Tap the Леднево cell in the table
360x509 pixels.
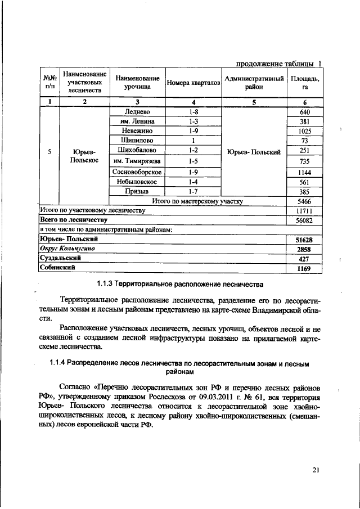[137, 112]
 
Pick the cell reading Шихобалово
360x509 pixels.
[137, 150]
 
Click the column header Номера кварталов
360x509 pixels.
[193, 83]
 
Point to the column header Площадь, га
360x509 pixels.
[305, 83]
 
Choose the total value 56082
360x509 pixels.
[305, 220]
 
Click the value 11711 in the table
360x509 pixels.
[305, 210]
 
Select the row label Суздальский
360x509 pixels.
[59, 258]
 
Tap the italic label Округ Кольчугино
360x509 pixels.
[67, 249]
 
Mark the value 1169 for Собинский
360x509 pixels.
[304, 268]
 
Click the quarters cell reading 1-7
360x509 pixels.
[193, 192]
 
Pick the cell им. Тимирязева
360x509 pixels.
[137, 161]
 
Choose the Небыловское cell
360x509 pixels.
[137, 182]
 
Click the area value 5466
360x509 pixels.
[305, 201]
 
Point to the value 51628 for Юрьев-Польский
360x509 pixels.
[304, 240]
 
